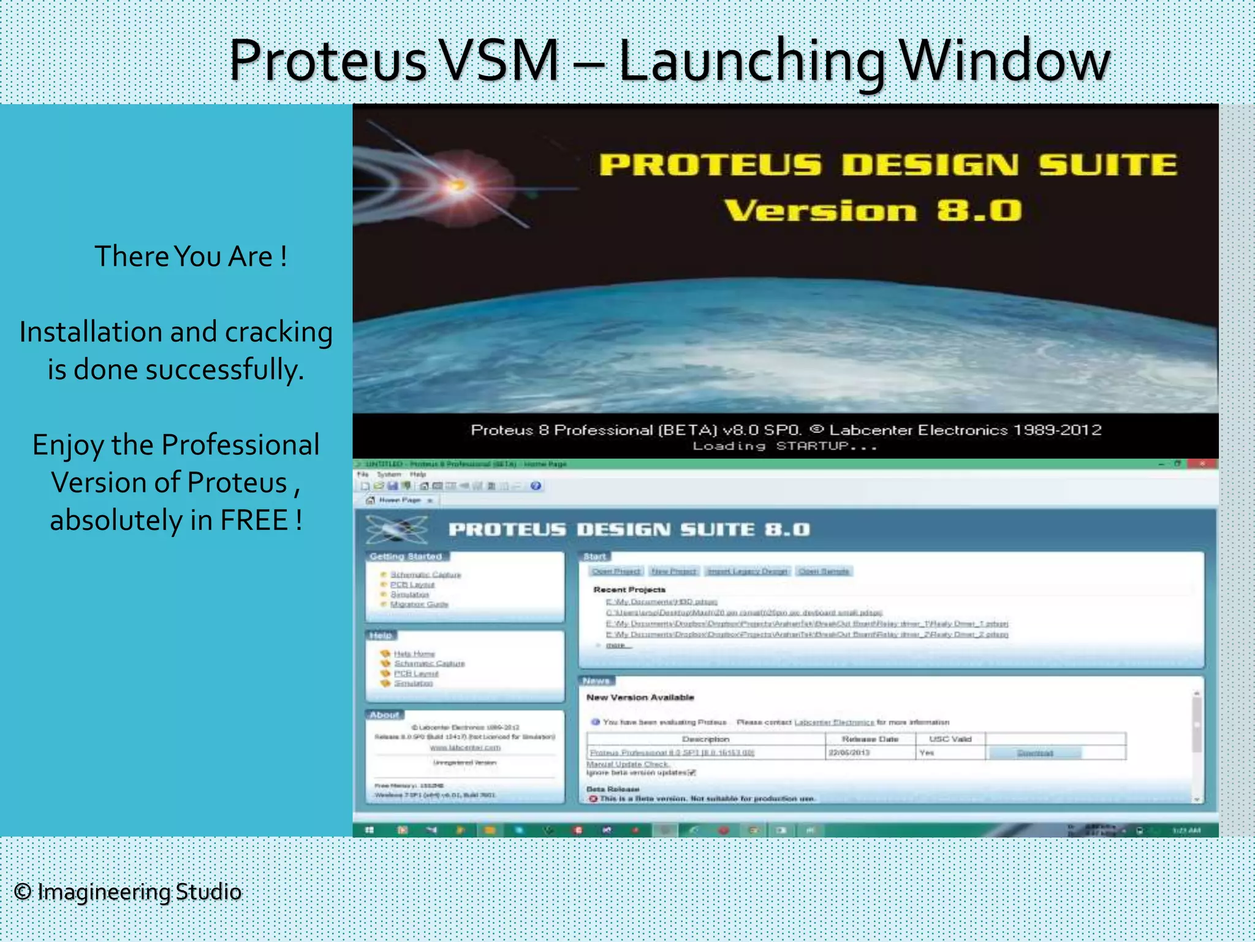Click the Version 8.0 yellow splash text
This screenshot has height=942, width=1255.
coord(873,210)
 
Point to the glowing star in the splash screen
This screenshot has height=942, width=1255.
coord(457,185)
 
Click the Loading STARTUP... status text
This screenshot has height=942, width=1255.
coord(785,446)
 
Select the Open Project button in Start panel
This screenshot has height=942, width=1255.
coord(616,571)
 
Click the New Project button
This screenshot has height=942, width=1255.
coord(673,571)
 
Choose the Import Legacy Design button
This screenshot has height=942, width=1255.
coord(747,571)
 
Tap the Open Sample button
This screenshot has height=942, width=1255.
coord(824,571)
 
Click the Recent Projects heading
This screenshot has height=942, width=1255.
coord(629,589)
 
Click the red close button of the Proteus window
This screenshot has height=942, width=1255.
coord(1202,464)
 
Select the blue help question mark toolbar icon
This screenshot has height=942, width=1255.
coord(536,486)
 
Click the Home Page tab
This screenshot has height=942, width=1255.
coord(398,500)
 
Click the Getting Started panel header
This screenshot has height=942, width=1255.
coord(406,556)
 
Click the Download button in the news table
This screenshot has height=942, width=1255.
coord(1034,752)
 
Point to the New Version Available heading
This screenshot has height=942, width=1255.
coord(640,697)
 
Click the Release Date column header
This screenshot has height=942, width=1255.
coord(870,739)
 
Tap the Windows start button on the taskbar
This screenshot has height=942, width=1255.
coord(369,830)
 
